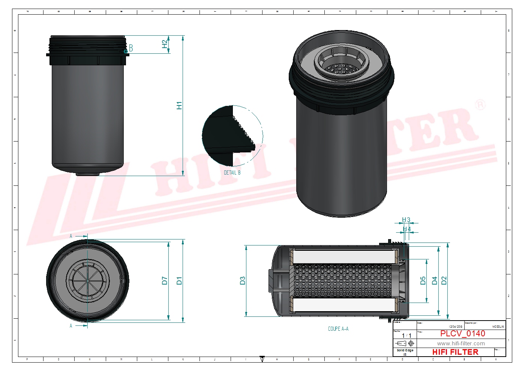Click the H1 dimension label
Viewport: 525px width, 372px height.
tap(179, 105)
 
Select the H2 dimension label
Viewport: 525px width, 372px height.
tap(164, 44)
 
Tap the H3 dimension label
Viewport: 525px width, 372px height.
tap(406, 220)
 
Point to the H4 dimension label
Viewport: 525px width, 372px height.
tap(407, 229)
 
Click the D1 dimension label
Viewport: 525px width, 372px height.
tap(179, 280)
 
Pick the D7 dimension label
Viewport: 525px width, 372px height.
tap(165, 280)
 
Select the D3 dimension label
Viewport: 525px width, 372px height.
tap(243, 280)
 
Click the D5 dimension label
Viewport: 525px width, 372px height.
tap(423, 280)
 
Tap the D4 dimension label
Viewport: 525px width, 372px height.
tap(435, 280)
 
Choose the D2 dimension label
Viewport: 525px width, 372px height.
tap(444, 280)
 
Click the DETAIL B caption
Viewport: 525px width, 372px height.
tap(232, 173)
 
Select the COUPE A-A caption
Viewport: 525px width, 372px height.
tap(338, 329)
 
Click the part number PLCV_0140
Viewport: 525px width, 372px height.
tap(462, 333)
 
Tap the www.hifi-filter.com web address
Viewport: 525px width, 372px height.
tap(461, 343)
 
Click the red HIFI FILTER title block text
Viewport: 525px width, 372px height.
tap(455, 352)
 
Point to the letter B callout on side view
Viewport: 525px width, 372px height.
tap(131, 48)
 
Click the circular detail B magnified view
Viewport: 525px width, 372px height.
tap(232, 136)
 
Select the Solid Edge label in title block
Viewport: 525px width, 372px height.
tap(405, 350)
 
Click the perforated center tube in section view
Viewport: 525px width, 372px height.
tap(343, 280)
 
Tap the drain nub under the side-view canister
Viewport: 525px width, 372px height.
tap(87, 174)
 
